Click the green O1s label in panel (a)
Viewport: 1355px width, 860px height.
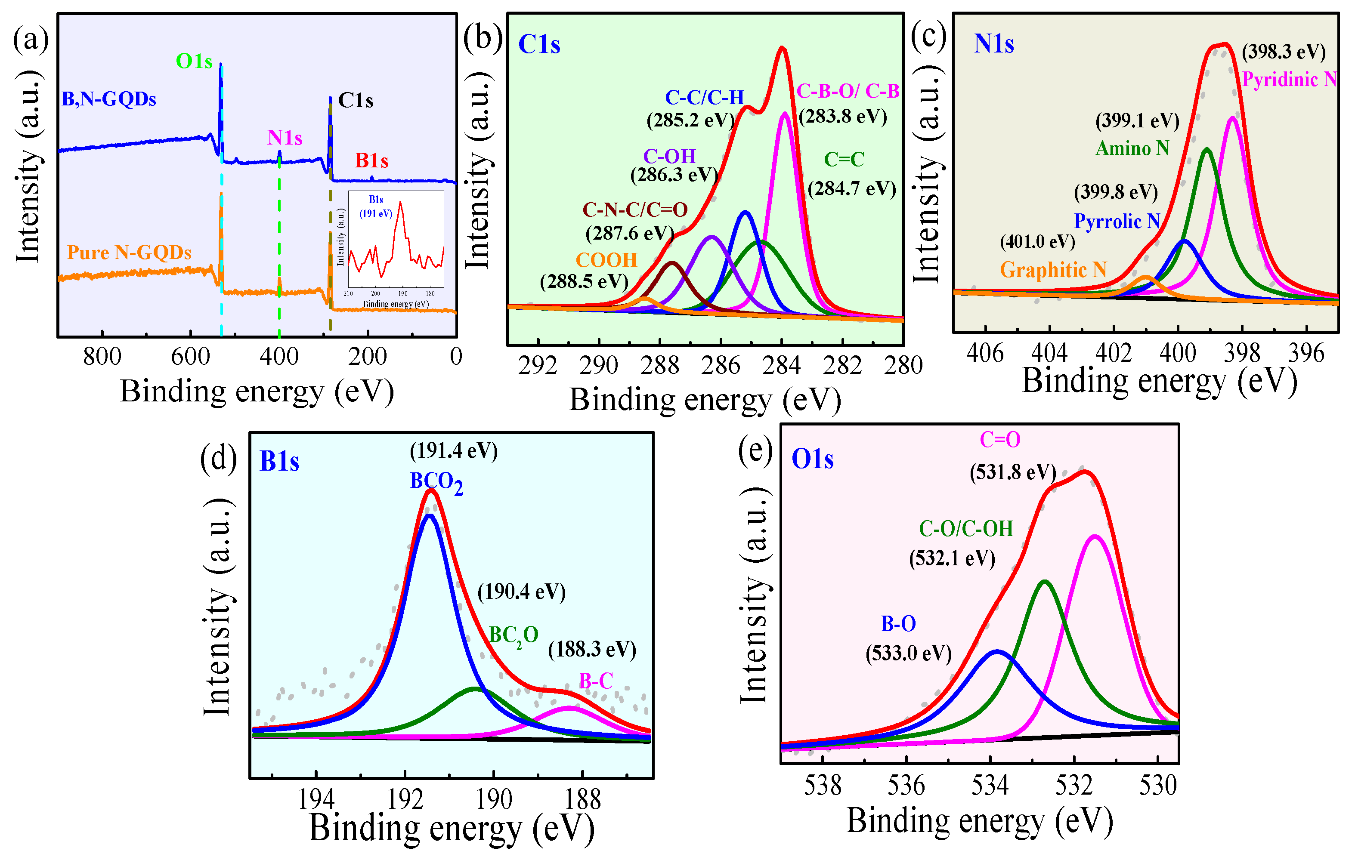click(x=194, y=61)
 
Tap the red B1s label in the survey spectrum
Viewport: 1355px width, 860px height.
click(x=371, y=161)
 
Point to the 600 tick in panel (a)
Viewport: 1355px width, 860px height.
click(x=190, y=357)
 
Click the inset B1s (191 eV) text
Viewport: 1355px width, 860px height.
click(x=376, y=207)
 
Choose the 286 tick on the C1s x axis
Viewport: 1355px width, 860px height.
click(x=721, y=366)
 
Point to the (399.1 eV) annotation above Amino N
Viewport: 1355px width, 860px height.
click(x=1137, y=120)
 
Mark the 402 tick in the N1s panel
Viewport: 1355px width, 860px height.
click(x=1114, y=353)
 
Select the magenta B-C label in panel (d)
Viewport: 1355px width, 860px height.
click(x=595, y=681)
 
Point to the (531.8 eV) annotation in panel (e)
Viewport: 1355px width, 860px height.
click(x=1012, y=472)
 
